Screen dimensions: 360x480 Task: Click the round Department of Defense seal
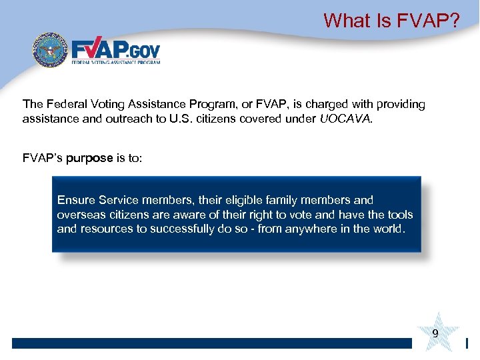tap(51, 50)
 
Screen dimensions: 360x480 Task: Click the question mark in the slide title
tap(454, 21)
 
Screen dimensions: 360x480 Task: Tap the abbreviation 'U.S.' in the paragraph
tap(178, 120)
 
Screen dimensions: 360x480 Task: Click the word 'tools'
tap(399, 215)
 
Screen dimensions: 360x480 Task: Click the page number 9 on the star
tap(435, 333)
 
